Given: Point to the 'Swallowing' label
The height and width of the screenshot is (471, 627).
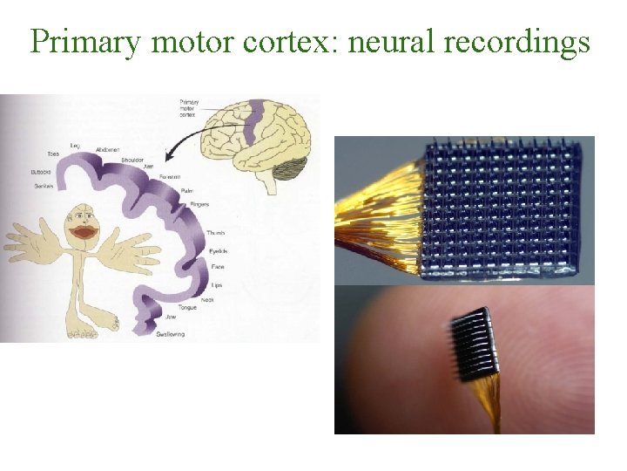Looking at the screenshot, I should (x=171, y=334).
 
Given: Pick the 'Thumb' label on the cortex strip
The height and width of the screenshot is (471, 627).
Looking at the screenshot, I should (x=215, y=234).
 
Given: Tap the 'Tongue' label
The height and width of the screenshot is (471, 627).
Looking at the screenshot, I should (x=187, y=307).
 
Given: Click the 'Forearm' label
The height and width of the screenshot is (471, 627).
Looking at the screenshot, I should (x=170, y=176).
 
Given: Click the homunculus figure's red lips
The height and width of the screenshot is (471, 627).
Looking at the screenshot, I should (x=85, y=232).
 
